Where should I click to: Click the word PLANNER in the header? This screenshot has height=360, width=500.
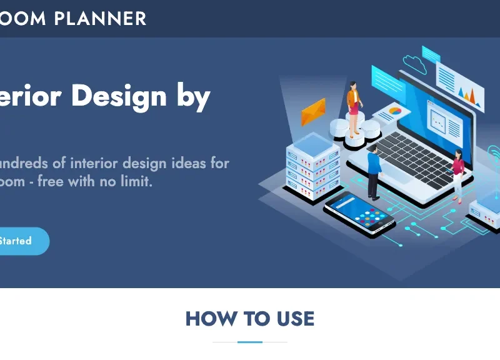(100, 19)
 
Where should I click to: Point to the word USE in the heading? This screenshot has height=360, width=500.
(291, 319)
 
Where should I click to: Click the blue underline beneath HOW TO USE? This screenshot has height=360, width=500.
(250, 342)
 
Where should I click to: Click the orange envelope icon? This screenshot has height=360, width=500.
(313, 112)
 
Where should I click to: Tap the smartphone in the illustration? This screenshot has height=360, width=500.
(359, 214)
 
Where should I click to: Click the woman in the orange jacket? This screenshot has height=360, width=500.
(354, 106)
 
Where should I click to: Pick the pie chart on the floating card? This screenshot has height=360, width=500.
(395, 111)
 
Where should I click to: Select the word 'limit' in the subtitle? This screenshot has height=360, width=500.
(135, 182)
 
